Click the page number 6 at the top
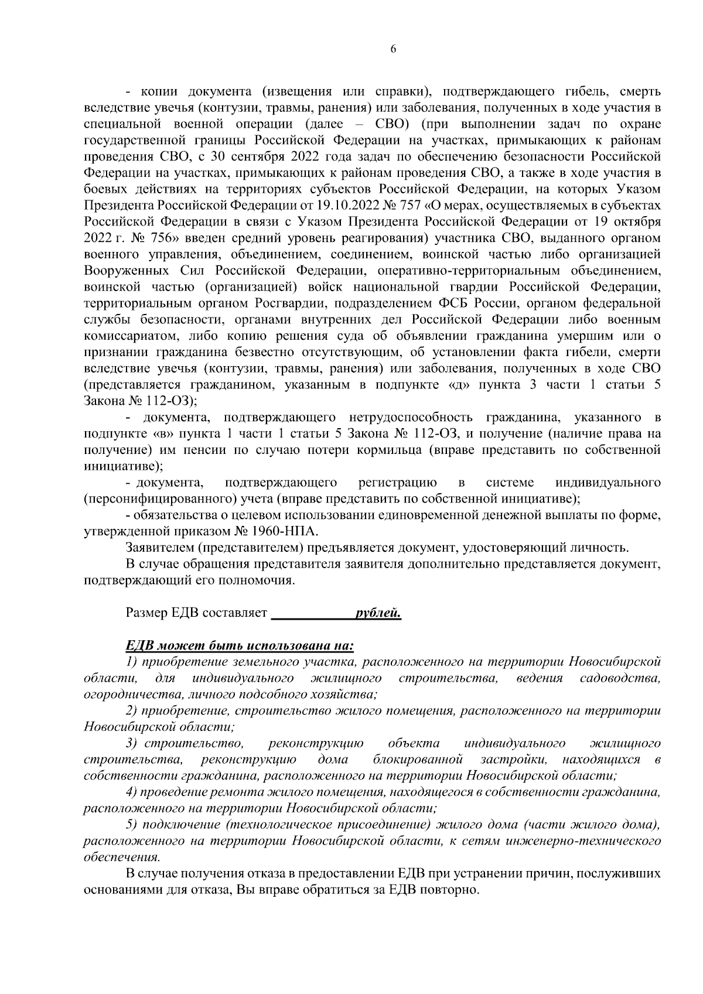click(393, 50)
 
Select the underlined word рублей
click(378, 614)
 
